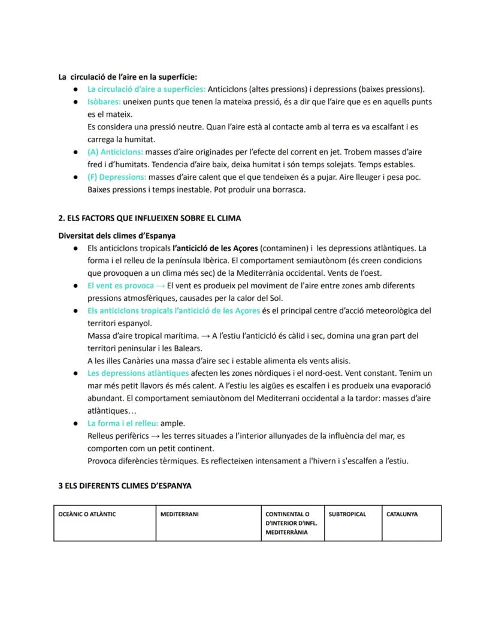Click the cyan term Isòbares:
click(104, 102)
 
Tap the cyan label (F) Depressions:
click(117, 177)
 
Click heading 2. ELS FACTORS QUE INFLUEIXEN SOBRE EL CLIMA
click(150, 218)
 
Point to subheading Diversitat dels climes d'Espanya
click(116, 236)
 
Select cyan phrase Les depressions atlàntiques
click(138, 373)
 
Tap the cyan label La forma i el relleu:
click(123, 423)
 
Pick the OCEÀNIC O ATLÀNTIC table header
click(87, 514)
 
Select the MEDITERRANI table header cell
click(179, 514)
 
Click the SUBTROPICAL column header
click(347, 514)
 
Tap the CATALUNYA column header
click(402, 514)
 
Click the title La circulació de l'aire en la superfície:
click(127, 77)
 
